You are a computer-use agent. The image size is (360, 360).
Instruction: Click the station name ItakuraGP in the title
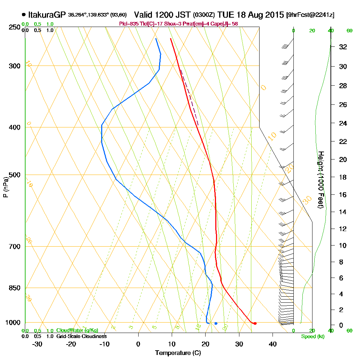coord(46,15)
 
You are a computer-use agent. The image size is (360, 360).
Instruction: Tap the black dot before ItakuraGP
coord(24,15)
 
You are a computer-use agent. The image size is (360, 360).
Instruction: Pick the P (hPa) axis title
coord(5,187)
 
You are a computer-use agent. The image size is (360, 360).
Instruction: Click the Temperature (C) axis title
coord(178,353)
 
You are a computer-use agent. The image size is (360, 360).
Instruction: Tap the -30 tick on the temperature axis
coord(37,344)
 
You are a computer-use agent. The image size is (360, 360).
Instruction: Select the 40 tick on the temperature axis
coord(273,344)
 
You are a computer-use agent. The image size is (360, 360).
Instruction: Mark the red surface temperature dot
coord(255,323)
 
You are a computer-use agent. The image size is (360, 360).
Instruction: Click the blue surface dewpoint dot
coord(216,323)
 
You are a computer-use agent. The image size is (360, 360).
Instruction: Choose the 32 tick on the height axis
coord(343,47)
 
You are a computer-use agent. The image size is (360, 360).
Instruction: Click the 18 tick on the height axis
coord(343,177)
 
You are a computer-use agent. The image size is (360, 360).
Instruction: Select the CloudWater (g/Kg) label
coord(77,330)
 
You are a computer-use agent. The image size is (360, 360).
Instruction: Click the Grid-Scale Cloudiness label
coord(81,336)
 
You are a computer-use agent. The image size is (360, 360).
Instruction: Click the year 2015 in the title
coord(274,15)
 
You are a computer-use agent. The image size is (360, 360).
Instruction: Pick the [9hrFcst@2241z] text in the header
coord(310,15)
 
